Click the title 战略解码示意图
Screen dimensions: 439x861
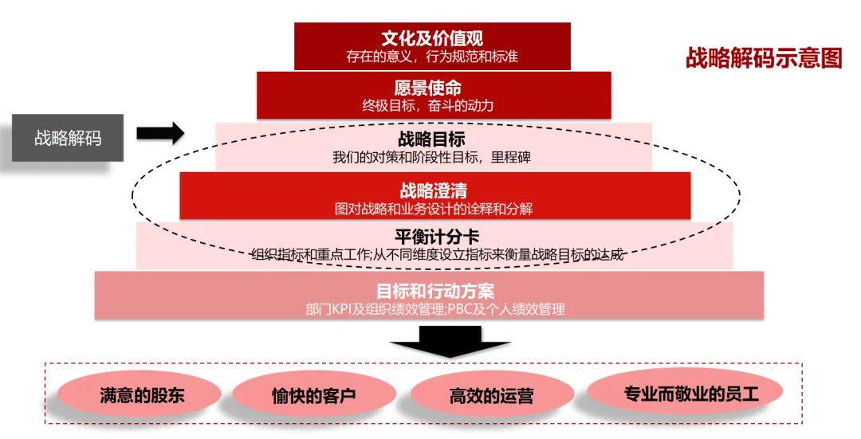(x=763, y=58)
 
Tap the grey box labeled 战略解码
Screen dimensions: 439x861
(x=68, y=138)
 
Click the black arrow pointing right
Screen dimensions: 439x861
(x=159, y=133)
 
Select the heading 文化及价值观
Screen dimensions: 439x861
(x=432, y=37)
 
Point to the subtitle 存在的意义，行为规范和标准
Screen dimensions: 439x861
(x=432, y=57)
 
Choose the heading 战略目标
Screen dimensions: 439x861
(x=432, y=139)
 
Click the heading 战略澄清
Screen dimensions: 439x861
(x=434, y=190)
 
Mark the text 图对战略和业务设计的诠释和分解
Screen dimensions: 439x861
(x=434, y=210)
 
